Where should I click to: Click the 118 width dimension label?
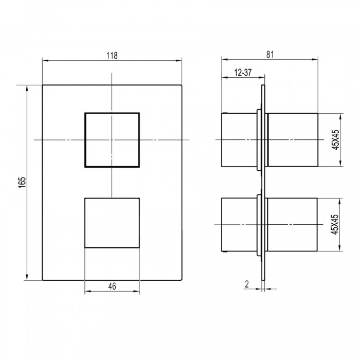112,56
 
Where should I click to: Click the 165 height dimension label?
22,183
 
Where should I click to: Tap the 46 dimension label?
112,286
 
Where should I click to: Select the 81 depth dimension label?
270,55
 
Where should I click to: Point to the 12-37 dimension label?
243,73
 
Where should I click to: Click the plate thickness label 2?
247,284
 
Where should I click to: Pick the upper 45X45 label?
336,139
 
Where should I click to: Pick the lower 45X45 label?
335,224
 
